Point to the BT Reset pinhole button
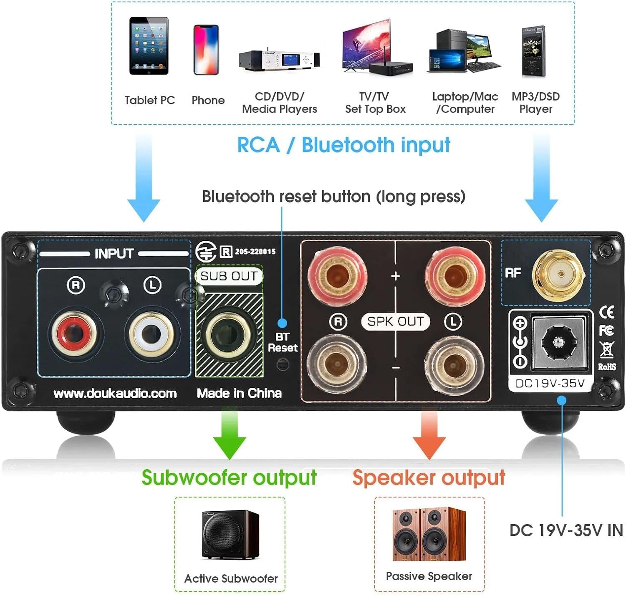[x=283, y=365]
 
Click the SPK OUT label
[x=395, y=321]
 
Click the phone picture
[x=206, y=50]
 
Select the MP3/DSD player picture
[x=534, y=51]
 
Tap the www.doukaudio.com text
[x=115, y=394]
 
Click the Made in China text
[x=239, y=393]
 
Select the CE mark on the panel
[x=606, y=312]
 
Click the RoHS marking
[x=607, y=367]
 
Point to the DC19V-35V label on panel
[x=550, y=384]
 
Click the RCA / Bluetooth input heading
[x=343, y=145]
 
